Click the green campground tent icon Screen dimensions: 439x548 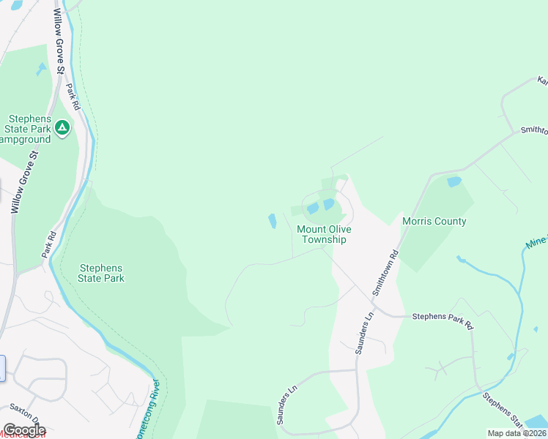click(x=63, y=128)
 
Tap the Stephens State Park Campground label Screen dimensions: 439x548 click(x=29, y=129)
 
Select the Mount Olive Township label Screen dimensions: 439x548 click(x=323, y=234)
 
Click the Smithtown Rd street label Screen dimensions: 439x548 click(x=385, y=272)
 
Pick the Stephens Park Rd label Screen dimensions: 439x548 click(x=443, y=317)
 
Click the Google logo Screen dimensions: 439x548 click(x=23, y=430)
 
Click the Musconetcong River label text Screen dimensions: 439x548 click(x=155, y=410)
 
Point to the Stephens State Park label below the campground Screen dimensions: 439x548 click(x=102, y=273)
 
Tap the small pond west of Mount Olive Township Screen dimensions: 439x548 click(x=273, y=220)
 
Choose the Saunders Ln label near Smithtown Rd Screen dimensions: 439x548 click(x=364, y=332)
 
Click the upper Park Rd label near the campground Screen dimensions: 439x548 click(x=72, y=96)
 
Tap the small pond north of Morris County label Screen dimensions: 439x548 click(x=454, y=181)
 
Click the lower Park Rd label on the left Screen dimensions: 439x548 click(x=49, y=245)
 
